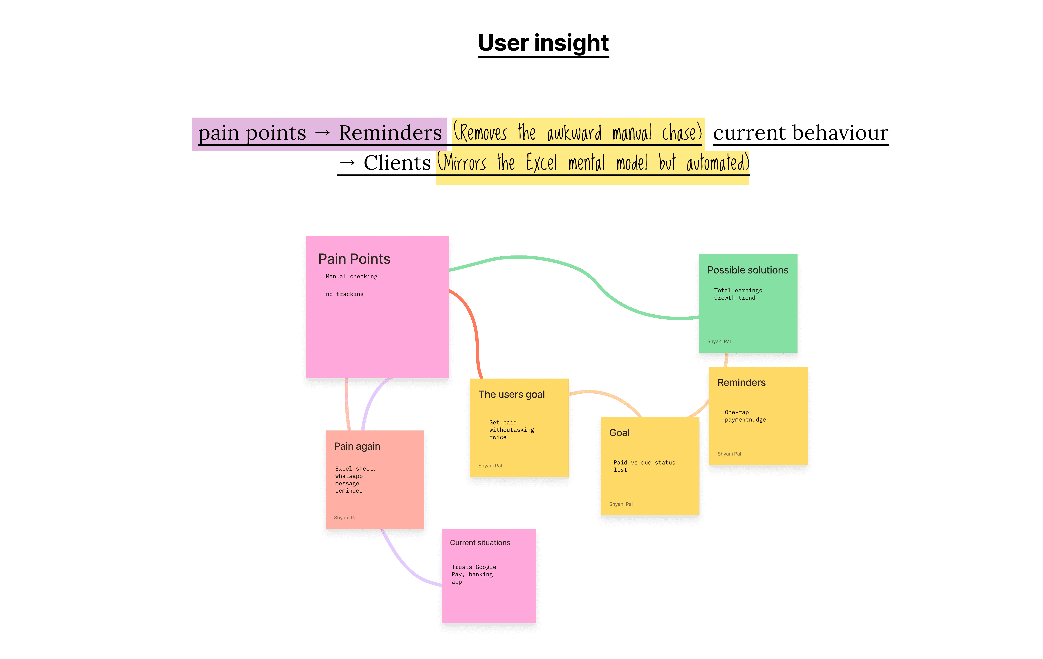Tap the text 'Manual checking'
[x=351, y=276]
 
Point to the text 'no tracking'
[x=345, y=294]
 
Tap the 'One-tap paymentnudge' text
[x=745, y=416]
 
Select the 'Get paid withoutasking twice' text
[x=512, y=430]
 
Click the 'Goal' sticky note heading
[x=619, y=433]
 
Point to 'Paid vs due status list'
[x=644, y=466]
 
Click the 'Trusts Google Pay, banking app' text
[x=473, y=575]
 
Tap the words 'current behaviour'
[x=800, y=133]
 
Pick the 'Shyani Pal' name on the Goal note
[x=621, y=504]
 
